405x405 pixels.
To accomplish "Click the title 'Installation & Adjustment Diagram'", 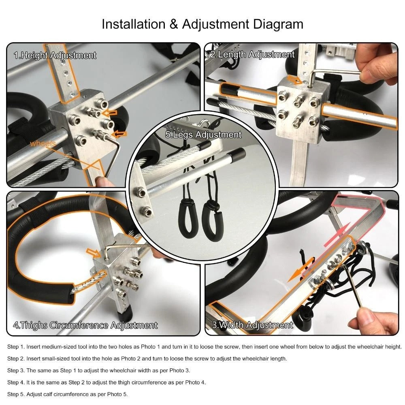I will point(202,24).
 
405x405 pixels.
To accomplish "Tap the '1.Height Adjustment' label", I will point(55,55).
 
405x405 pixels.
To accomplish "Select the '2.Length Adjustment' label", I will point(252,54).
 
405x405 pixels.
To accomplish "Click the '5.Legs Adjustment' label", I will point(203,134).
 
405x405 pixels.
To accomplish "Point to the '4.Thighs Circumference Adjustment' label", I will point(85,325).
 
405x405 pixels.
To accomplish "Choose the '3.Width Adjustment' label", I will point(252,325).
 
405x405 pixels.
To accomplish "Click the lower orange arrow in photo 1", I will point(119,134).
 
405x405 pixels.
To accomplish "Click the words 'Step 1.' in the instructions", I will point(16,347).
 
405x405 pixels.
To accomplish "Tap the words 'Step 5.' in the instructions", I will point(16,394).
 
